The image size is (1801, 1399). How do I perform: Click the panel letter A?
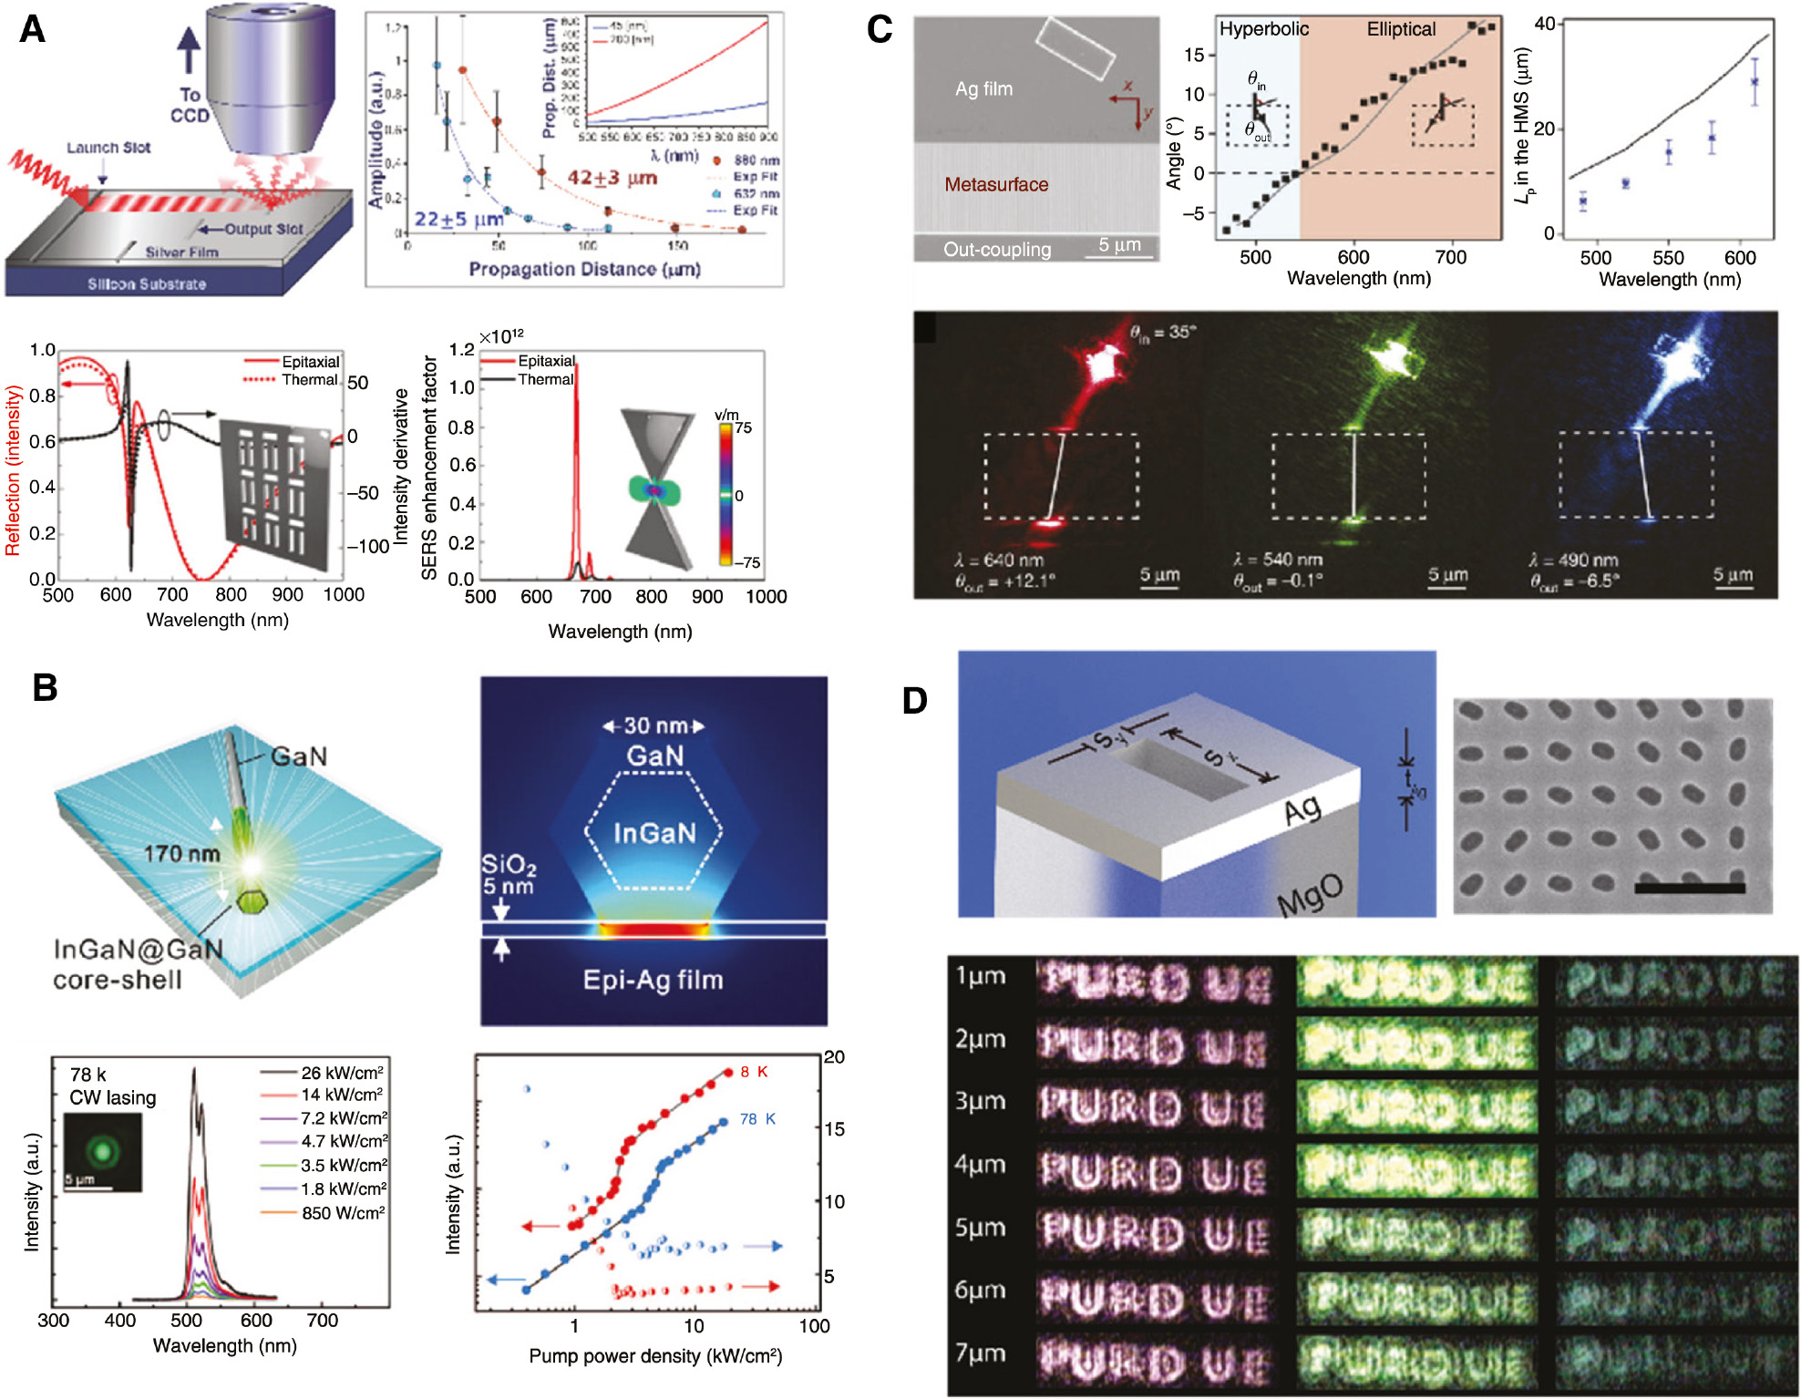pos(33,29)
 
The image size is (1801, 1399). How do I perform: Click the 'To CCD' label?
pos(190,104)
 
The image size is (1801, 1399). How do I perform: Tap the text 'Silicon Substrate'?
pos(147,284)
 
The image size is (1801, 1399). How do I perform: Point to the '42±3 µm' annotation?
pos(612,178)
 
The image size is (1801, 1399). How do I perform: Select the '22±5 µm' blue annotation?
pos(458,220)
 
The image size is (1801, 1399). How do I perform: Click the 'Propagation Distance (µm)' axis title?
pos(584,270)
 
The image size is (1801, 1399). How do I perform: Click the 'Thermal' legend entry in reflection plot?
pos(310,379)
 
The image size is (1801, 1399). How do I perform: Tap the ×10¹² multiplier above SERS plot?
pos(501,336)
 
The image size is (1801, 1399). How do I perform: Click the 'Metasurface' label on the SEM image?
pos(996,185)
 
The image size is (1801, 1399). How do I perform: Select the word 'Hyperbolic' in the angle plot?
pos(1263,29)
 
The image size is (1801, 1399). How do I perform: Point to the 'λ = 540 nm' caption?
pos(1277,560)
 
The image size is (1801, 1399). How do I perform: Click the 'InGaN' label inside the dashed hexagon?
pos(654,833)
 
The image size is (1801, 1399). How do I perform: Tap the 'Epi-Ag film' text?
pos(653,980)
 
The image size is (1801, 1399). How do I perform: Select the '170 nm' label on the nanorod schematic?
pos(181,854)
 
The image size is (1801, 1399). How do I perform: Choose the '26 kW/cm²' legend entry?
pos(342,1073)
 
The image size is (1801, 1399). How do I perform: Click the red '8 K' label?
pos(754,1072)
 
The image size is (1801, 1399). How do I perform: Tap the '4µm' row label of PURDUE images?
pos(980,1165)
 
